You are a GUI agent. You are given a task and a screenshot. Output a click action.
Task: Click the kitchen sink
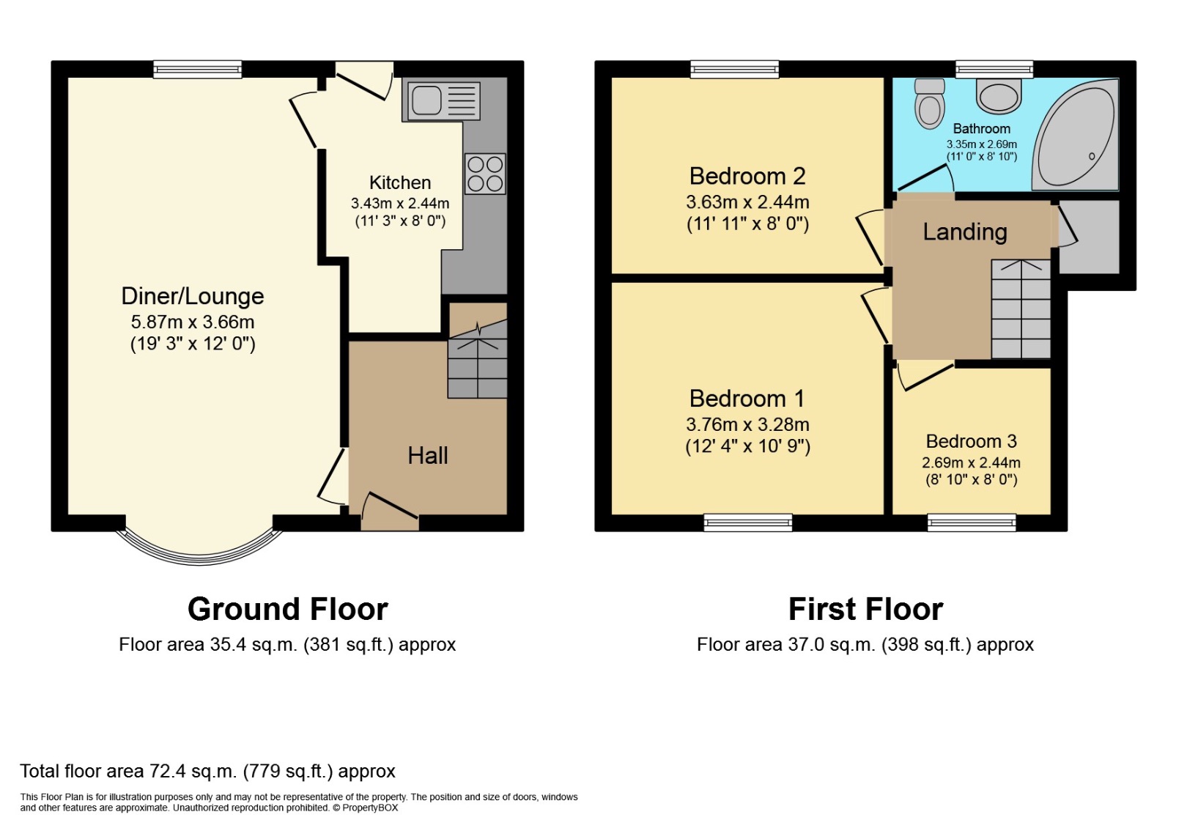(x=441, y=100)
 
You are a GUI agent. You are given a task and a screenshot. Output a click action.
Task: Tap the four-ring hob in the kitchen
(x=485, y=174)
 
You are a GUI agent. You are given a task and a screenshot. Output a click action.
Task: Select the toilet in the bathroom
(x=929, y=105)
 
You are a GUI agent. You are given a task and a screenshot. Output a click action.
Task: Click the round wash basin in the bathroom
(x=998, y=96)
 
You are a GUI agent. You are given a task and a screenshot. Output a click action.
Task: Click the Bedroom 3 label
(x=971, y=441)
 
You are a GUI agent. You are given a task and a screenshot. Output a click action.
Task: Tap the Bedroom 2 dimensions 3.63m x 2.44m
(x=747, y=202)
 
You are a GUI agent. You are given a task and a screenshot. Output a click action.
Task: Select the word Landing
(x=964, y=232)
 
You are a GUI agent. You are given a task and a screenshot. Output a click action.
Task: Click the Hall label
(x=427, y=455)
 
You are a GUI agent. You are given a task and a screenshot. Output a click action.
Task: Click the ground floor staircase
(x=477, y=359)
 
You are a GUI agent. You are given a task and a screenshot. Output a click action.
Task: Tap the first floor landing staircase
(x=1021, y=309)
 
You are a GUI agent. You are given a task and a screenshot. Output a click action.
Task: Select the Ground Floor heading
(x=287, y=609)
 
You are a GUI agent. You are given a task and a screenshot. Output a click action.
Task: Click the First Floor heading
(x=865, y=609)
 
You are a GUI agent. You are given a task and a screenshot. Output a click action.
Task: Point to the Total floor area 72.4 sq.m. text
(x=207, y=771)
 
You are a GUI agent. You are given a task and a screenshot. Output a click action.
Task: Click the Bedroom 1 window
(x=747, y=522)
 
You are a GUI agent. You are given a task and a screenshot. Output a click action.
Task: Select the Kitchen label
(x=399, y=182)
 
